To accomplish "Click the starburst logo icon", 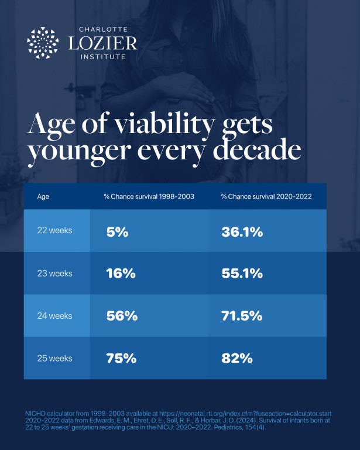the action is tap(43, 43).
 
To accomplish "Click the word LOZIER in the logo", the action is tap(103, 43).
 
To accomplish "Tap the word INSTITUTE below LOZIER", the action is tap(103, 57).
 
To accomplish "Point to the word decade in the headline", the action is tap(257, 150).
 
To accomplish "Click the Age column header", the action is tap(43, 197).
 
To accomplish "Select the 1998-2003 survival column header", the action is tap(149, 196).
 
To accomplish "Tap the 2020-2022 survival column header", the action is tap(266, 196).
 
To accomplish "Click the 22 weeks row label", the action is tap(55, 230).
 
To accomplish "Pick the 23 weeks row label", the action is tap(55, 273).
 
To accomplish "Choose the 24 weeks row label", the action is tap(55, 316).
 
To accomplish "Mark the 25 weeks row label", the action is tap(55, 358).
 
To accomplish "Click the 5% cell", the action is tap(118, 232).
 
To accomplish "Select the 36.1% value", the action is tap(242, 232).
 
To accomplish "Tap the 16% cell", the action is tap(121, 273).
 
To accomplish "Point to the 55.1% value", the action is tap(242, 273).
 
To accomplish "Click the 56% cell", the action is tap(122, 316).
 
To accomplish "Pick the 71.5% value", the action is tap(242, 316).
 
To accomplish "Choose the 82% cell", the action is tap(237, 358).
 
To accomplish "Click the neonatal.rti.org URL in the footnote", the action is tap(245, 414).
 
